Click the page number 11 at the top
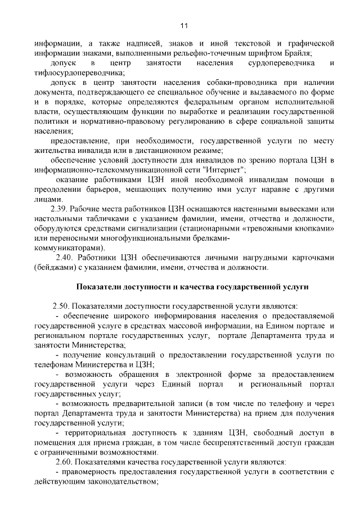coord(183,25)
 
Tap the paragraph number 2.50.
coord(61,306)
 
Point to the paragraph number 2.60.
coord(61,462)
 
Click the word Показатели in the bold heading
coord(103,286)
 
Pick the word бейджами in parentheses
coord(52,267)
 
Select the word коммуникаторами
coord(68,247)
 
